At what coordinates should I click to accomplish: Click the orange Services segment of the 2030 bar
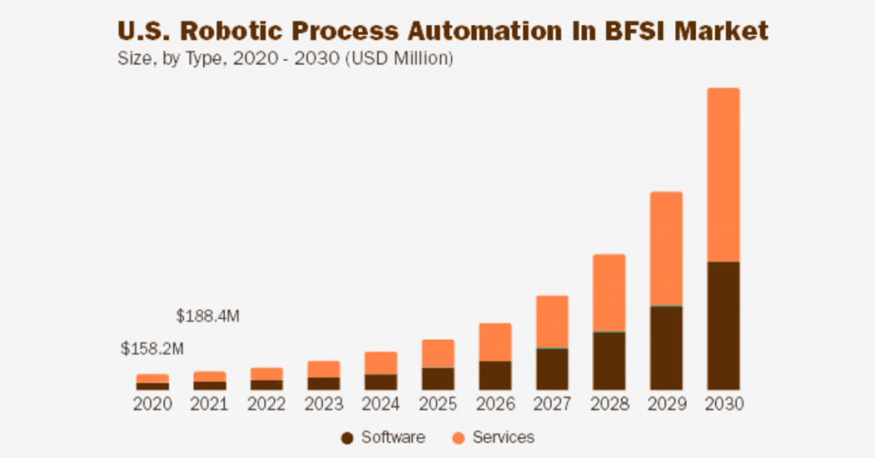pyautogui.click(x=723, y=174)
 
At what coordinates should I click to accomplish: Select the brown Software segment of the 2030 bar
pyautogui.click(x=723, y=326)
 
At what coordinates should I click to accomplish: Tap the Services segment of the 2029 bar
pyautogui.click(x=666, y=249)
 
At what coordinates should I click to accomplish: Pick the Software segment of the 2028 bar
pyautogui.click(x=609, y=361)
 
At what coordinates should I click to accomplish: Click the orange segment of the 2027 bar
pyautogui.click(x=552, y=322)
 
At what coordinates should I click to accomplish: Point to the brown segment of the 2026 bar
pyautogui.click(x=495, y=375)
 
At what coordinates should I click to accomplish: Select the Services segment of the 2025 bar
pyautogui.click(x=437, y=354)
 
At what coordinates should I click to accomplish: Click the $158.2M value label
pyautogui.click(x=152, y=349)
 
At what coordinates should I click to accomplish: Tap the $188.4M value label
pyautogui.click(x=208, y=316)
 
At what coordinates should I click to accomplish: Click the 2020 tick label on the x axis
pyautogui.click(x=152, y=404)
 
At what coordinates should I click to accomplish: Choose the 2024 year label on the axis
pyautogui.click(x=380, y=404)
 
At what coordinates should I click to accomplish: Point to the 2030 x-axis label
pyautogui.click(x=723, y=404)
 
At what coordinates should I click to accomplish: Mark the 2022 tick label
pyautogui.click(x=267, y=404)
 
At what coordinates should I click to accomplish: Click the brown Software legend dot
pyautogui.click(x=347, y=438)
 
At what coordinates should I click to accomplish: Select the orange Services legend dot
pyautogui.click(x=459, y=438)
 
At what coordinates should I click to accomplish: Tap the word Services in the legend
pyautogui.click(x=503, y=437)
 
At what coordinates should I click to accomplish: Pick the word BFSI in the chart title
pyautogui.click(x=638, y=32)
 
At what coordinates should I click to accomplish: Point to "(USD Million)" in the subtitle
pyautogui.click(x=400, y=60)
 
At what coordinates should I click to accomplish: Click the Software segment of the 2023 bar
pyautogui.click(x=324, y=384)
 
